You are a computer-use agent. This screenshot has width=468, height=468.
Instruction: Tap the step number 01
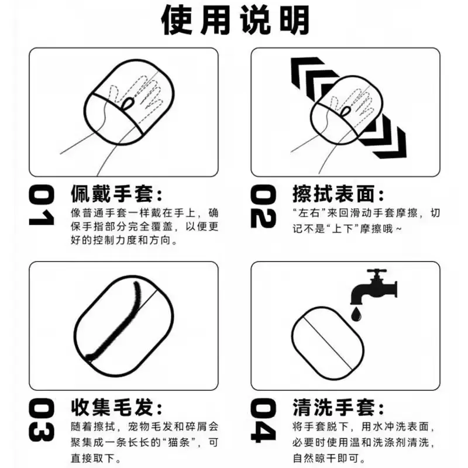pyautogui.click(x=42, y=207)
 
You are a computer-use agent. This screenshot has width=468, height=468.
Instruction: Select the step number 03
pyautogui.click(x=42, y=420)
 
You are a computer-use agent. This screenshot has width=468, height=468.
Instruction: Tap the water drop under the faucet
pyautogui.click(x=356, y=314)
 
